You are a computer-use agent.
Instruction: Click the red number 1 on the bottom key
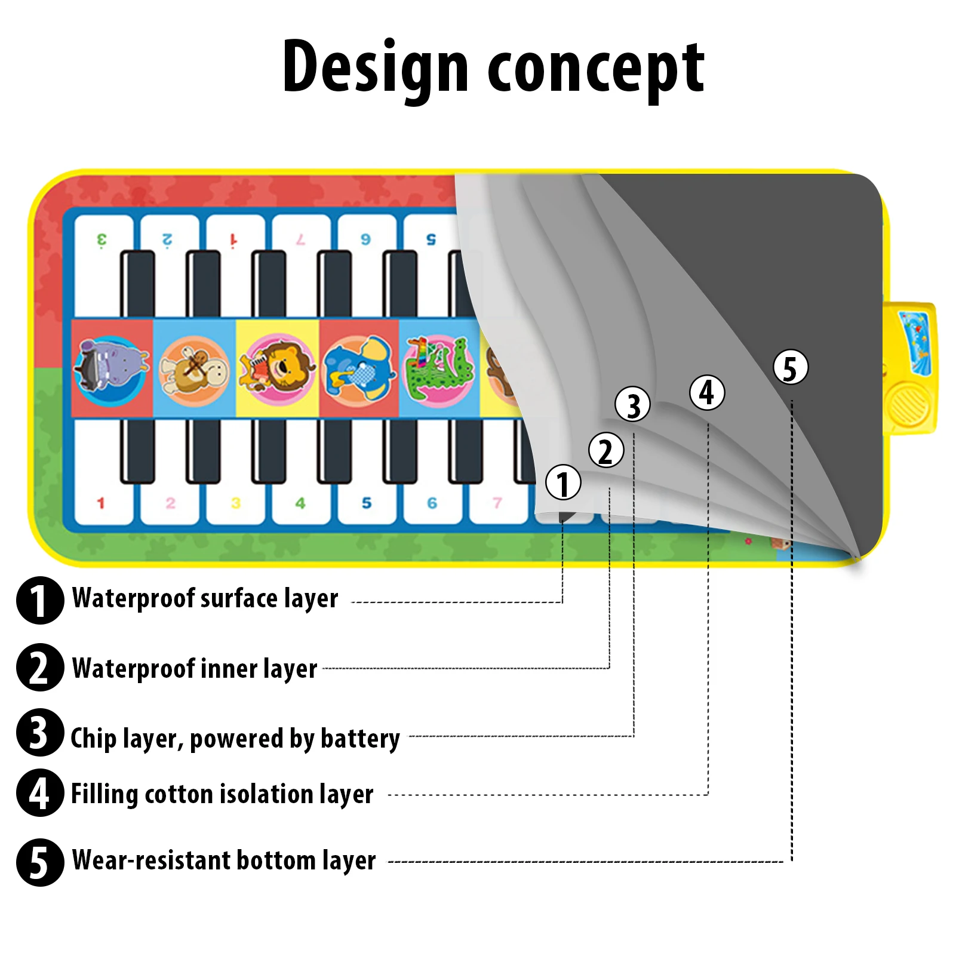click(x=100, y=503)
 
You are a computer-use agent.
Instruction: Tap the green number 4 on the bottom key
click(x=300, y=503)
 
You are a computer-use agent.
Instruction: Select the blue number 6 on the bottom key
click(x=432, y=503)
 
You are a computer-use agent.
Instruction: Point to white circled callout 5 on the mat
click(x=791, y=367)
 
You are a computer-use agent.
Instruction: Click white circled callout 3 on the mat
click(x=632, y=404)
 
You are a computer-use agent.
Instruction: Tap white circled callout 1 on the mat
click(x=562, y=482)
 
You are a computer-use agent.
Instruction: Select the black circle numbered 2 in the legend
click(x=40, y=667)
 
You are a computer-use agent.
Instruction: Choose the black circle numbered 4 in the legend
click(x=40, y=792)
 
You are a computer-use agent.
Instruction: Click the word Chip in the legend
click(x=93, y=738)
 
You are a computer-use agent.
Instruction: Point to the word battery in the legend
click(x=360, y=739)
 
